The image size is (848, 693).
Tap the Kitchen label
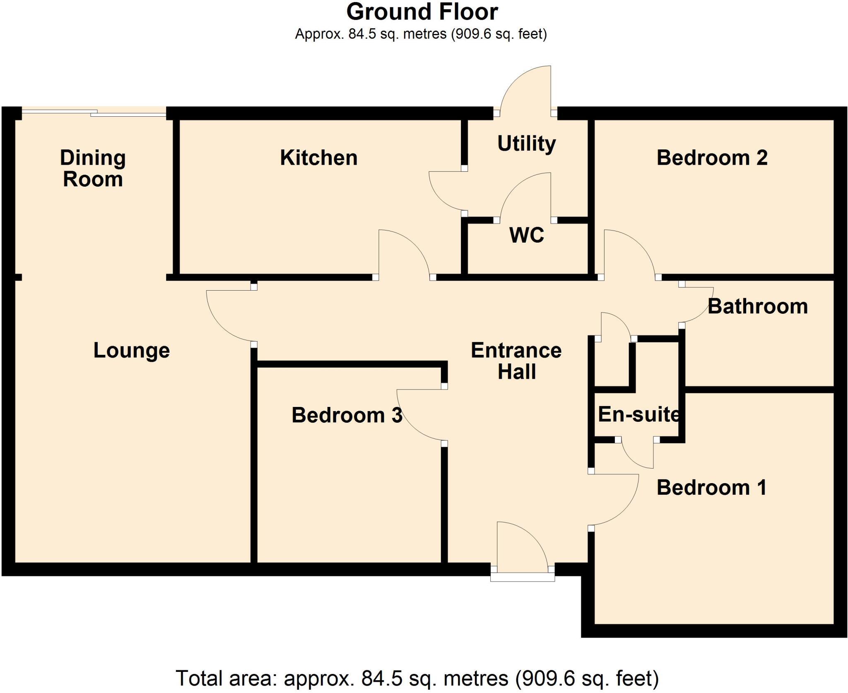pos(318,158)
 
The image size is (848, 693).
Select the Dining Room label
pos(93,168)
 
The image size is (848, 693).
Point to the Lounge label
pos(132,351)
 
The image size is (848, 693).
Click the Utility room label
pos(526,144)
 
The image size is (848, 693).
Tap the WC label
pos(526,236)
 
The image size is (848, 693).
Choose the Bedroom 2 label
pos(712,158)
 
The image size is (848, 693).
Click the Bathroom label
pos(757,307)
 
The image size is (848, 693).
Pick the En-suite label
pos(638,414)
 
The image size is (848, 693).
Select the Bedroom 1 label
pos(711,488)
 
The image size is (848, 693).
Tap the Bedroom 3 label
pos(347,415)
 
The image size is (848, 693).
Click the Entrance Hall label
pos(516,361)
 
